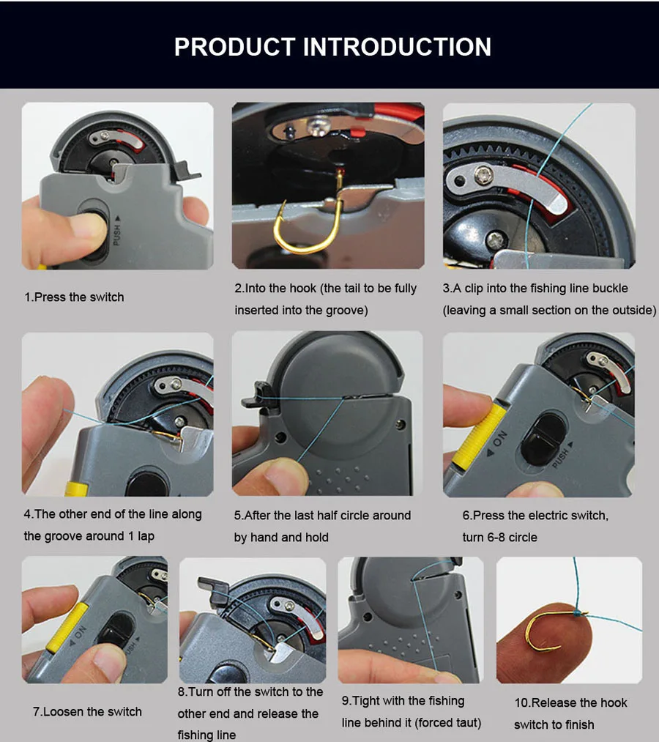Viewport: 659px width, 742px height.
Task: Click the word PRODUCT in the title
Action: coord(234,47)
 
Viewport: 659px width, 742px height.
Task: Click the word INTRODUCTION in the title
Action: coord(397,47)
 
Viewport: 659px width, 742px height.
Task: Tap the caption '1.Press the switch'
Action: coord(74,297)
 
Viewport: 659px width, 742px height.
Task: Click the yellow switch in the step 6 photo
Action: coord(479,435)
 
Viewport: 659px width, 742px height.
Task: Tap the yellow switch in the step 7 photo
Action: coord(66,627)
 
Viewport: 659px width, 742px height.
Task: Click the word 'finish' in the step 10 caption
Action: coord(579,724)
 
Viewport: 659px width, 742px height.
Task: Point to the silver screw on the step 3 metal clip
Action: coord(484,176)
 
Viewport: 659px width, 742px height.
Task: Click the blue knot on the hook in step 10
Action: coord(578,613)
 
